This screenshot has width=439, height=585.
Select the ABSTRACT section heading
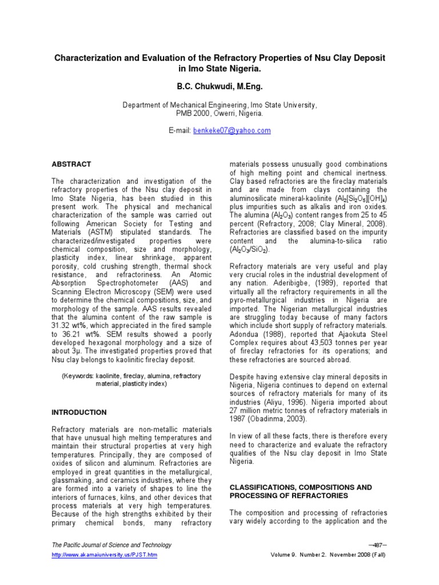[71, 164]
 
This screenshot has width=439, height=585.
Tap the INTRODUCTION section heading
[79, 412]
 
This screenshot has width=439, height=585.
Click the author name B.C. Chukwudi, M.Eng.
[219, 87]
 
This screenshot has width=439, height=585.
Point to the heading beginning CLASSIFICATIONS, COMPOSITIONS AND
[300, 487]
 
